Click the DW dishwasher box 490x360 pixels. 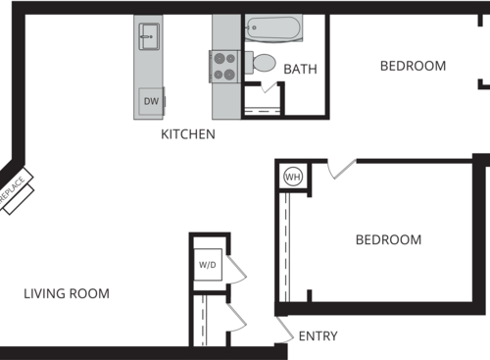tap(151, 101)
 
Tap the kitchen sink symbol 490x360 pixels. tap(148, 38)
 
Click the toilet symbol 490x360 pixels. tap(263, 63)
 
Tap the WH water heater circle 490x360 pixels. tap(292, 177)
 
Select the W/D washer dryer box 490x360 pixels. tap(208, 265)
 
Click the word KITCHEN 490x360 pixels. tap(188, 134)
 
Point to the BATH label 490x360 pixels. tap(300, 70)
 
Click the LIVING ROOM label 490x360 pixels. tap(67, 293)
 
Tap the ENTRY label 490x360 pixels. tap(318, 336)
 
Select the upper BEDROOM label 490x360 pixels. tap(413, 66)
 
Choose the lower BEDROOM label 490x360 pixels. tap(388, 239)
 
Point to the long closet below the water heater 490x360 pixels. tap(287, 245)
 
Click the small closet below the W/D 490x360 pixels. tap(207, 320)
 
